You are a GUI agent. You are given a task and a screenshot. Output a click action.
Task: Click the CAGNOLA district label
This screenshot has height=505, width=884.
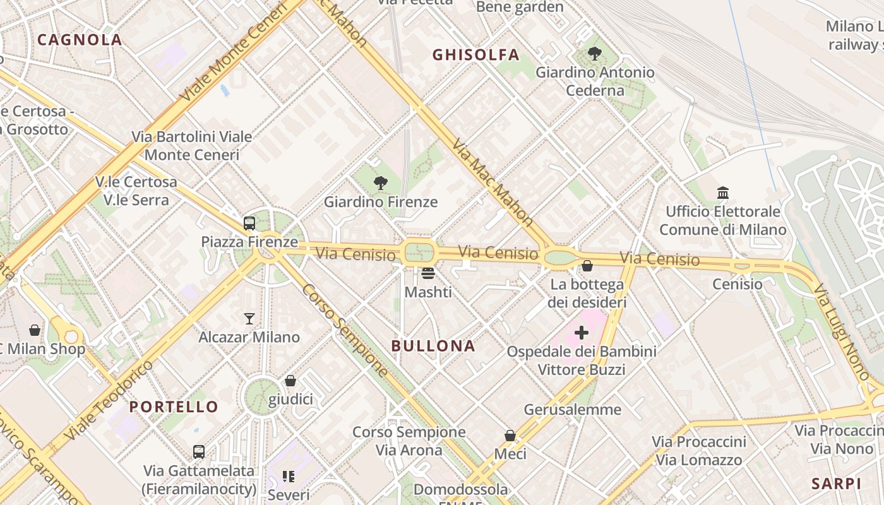click(x=80, y=40)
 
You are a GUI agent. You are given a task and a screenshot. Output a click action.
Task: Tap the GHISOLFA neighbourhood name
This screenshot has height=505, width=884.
click(x=476, y=55)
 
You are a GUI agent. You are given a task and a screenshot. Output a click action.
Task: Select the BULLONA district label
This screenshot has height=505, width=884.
click(x=433, y=346)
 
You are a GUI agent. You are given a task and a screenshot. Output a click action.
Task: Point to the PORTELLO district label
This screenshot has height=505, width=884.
click(x=174, y=407)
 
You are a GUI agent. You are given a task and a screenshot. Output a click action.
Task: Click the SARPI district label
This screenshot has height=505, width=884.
click(x=836, y=484)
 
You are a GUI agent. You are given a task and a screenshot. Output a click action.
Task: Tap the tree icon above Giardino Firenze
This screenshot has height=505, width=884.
click(x=380, y=183)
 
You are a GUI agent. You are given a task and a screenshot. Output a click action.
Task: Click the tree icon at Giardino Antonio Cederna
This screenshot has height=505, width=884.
click(x=594, y=54)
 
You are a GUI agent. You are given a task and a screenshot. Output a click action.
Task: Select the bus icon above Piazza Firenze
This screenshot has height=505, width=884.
click(x=249, y=223)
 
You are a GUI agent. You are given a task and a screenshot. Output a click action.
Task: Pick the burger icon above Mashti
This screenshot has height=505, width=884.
click(x=428, y=273)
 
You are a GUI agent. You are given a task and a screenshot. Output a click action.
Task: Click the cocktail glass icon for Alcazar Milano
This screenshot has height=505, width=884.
click(x=249, y=318)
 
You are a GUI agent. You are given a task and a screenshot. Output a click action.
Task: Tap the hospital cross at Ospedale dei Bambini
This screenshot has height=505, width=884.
click(x=582, y=333)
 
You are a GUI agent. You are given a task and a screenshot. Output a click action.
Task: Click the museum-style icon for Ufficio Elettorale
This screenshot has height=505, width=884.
click(x=723, y=193)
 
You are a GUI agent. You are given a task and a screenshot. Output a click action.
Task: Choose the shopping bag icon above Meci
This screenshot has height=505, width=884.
click(x=510, y=436)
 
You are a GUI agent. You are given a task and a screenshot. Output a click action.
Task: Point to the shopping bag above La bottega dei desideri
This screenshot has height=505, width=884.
click(x=587, y=266)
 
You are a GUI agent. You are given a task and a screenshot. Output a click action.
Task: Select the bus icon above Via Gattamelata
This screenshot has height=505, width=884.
click(x=199, y=452)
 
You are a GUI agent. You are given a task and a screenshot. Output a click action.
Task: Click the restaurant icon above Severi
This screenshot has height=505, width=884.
click(x=289, y=477)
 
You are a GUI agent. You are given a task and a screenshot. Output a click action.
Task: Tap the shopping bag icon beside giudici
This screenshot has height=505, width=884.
click(x=290, y=381)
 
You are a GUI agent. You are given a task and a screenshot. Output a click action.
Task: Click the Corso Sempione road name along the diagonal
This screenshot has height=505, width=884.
click(x=345, y=330)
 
